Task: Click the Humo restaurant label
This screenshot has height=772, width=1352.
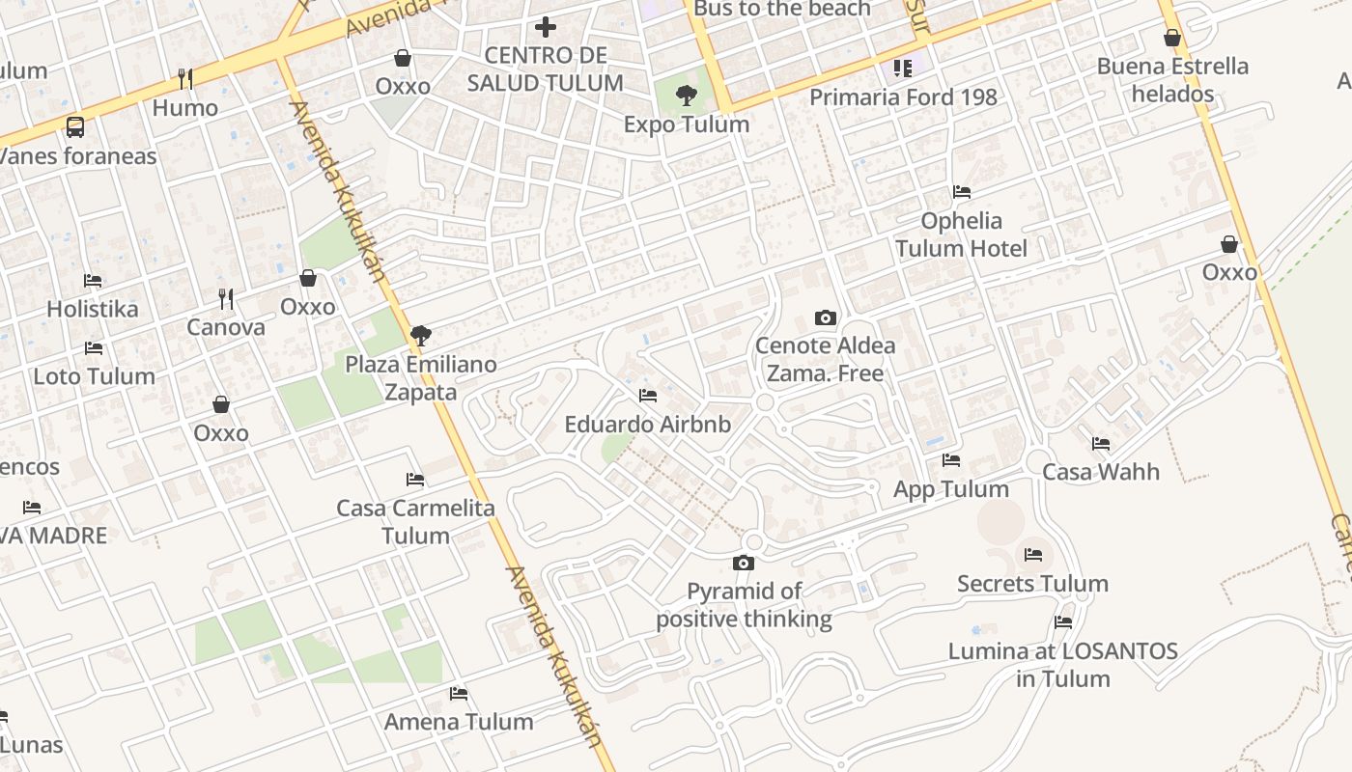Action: tap(184, 107)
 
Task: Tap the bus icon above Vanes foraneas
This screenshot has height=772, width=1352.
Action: tap(74, 126)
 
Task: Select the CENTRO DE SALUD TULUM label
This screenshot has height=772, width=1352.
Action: tap(545, 69)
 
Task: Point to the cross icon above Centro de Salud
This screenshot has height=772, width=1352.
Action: tap(546, 27)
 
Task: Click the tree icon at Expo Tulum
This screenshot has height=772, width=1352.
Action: tap(687, 95)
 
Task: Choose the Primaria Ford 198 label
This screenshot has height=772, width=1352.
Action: tap(902, 96)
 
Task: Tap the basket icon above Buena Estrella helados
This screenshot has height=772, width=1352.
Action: tap(1172, 38)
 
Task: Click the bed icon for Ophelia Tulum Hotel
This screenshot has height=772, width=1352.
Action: tap(961, 192)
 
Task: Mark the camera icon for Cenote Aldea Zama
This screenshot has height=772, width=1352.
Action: tap(825, 317)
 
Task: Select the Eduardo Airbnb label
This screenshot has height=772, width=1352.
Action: tap(647, 425)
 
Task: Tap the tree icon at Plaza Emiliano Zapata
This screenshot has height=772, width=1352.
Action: tap(420, 336)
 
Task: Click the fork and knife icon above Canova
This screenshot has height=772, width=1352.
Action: tap(226, 298)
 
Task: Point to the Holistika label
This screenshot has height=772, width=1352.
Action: tap(93, 309)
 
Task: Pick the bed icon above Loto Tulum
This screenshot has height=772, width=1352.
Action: tap(94, 347)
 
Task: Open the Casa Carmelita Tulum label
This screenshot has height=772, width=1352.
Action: tap(415, 521)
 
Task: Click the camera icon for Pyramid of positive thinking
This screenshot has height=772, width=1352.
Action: tap(744, 563)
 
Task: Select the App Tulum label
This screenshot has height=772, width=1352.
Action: tap(950, 489)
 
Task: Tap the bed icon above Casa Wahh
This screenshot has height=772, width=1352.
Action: tap(1100, 444)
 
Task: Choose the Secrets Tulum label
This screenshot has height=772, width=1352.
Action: tap(1032, 584)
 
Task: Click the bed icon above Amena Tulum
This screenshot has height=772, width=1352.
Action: tap(459, 693)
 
